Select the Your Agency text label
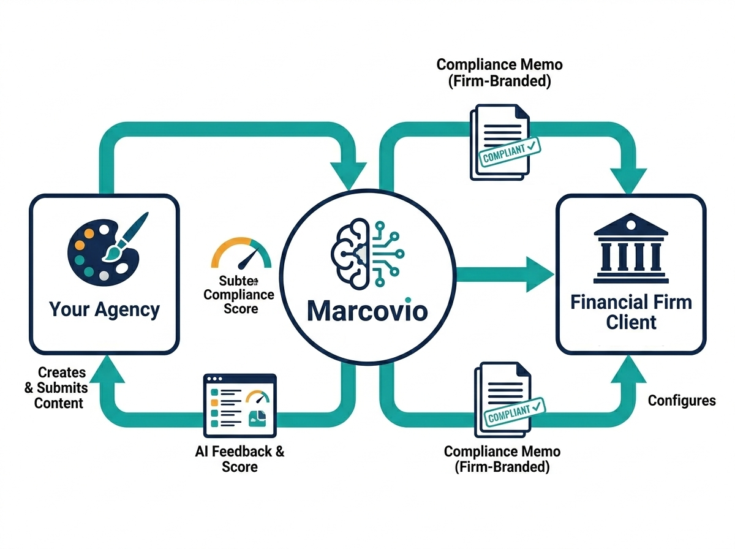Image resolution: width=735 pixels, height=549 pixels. (x=104, y=309)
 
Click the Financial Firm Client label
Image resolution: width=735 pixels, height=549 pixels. (x=631, y=311)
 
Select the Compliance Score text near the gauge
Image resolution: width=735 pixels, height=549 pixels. (x=239, y=294)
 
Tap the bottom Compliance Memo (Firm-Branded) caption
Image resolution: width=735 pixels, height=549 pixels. (x=502, y=459)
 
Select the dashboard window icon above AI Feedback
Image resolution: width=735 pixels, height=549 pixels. (x=239, y=404)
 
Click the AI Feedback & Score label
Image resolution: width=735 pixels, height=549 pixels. (x=239, y=459)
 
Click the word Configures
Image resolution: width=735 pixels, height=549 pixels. (x=681, y=401)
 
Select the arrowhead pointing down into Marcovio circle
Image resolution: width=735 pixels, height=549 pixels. (x=347, y=175)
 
